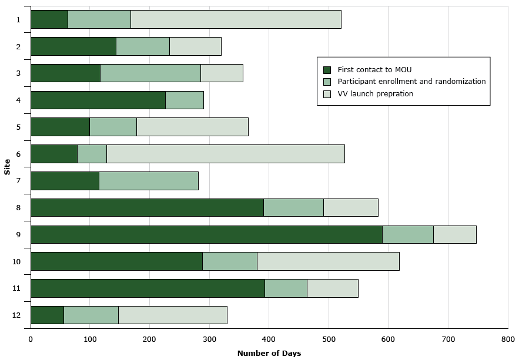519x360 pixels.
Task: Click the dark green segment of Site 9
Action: [x=206, y=234]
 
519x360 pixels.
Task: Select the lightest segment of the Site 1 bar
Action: [x=236, y=19]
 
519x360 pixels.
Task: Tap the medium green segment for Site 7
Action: [x=148, y=181]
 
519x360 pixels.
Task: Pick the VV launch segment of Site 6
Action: [x=225, y=154]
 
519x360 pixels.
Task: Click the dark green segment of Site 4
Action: [x=98, y=100]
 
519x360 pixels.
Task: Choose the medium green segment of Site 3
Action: [x=150, y=73]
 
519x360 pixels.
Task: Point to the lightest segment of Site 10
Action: [x=328, y=261]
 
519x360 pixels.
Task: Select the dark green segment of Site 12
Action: [x=47, y=315]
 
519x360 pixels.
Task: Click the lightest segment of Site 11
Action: [x=332, y=288]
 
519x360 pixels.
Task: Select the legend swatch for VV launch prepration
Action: [x=327, y=94]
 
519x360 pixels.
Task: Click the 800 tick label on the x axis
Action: [x=508, y=338]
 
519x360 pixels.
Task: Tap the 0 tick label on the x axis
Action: [x=31, y=338]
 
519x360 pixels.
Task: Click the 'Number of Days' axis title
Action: [x=269, y=353]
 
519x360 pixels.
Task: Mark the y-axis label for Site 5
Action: [x=18, y=127]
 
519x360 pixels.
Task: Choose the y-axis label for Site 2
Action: [x=18, y=46]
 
